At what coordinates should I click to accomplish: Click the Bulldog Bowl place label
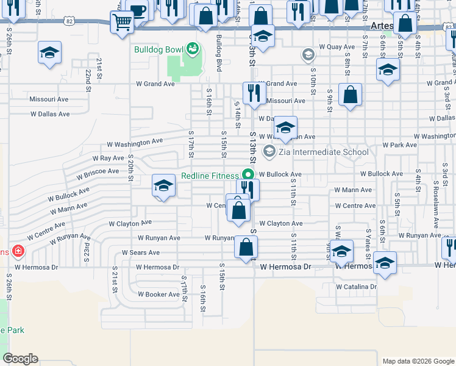159,48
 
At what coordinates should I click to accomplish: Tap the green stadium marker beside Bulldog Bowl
193,48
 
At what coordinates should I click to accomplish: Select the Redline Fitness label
210,176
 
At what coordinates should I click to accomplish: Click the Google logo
21,359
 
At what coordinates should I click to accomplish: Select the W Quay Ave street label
337,46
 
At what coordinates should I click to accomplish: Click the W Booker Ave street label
159,294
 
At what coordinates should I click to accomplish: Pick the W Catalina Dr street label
356,286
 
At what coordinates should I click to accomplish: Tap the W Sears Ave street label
140,252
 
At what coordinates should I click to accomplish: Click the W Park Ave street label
399,145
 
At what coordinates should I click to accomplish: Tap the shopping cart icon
123,22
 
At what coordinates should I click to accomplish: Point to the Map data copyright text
418,361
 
